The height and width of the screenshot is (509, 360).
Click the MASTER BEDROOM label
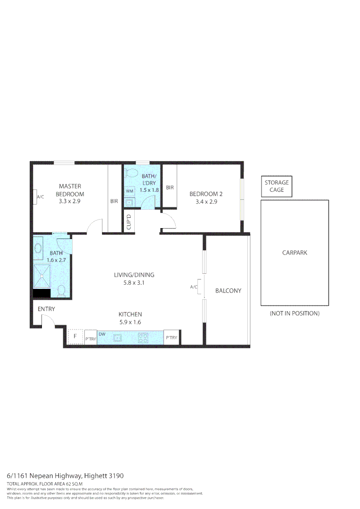[70, 190]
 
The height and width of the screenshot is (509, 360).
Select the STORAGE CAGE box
[277, 186]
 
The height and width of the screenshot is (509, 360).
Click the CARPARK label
[295, 253]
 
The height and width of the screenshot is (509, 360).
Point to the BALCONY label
[228, 291]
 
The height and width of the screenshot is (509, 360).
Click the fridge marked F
[75, 337]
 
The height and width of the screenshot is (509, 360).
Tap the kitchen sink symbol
[117, 337]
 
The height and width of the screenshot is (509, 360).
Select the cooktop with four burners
[143, 337]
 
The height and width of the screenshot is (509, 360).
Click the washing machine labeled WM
[129, 191]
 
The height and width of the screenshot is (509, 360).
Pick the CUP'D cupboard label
[129, 222]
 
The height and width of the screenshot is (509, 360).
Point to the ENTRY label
[47, 309]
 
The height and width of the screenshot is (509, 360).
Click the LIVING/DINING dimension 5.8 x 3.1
[134, 283]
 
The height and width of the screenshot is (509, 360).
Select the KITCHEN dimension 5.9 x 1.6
[130, 322]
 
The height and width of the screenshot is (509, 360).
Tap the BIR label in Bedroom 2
[170, 187]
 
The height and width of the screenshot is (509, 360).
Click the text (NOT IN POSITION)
[295, 313]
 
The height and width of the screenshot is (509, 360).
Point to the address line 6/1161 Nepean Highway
[65, 476]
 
